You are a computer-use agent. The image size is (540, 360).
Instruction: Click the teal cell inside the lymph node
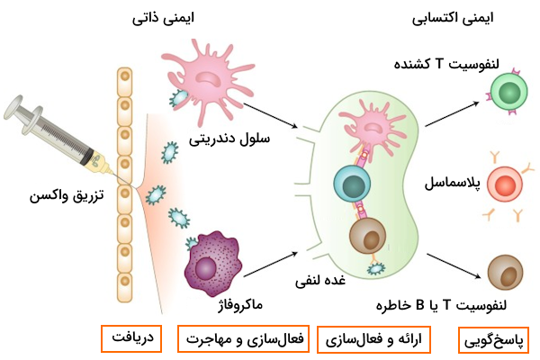point(349,184)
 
